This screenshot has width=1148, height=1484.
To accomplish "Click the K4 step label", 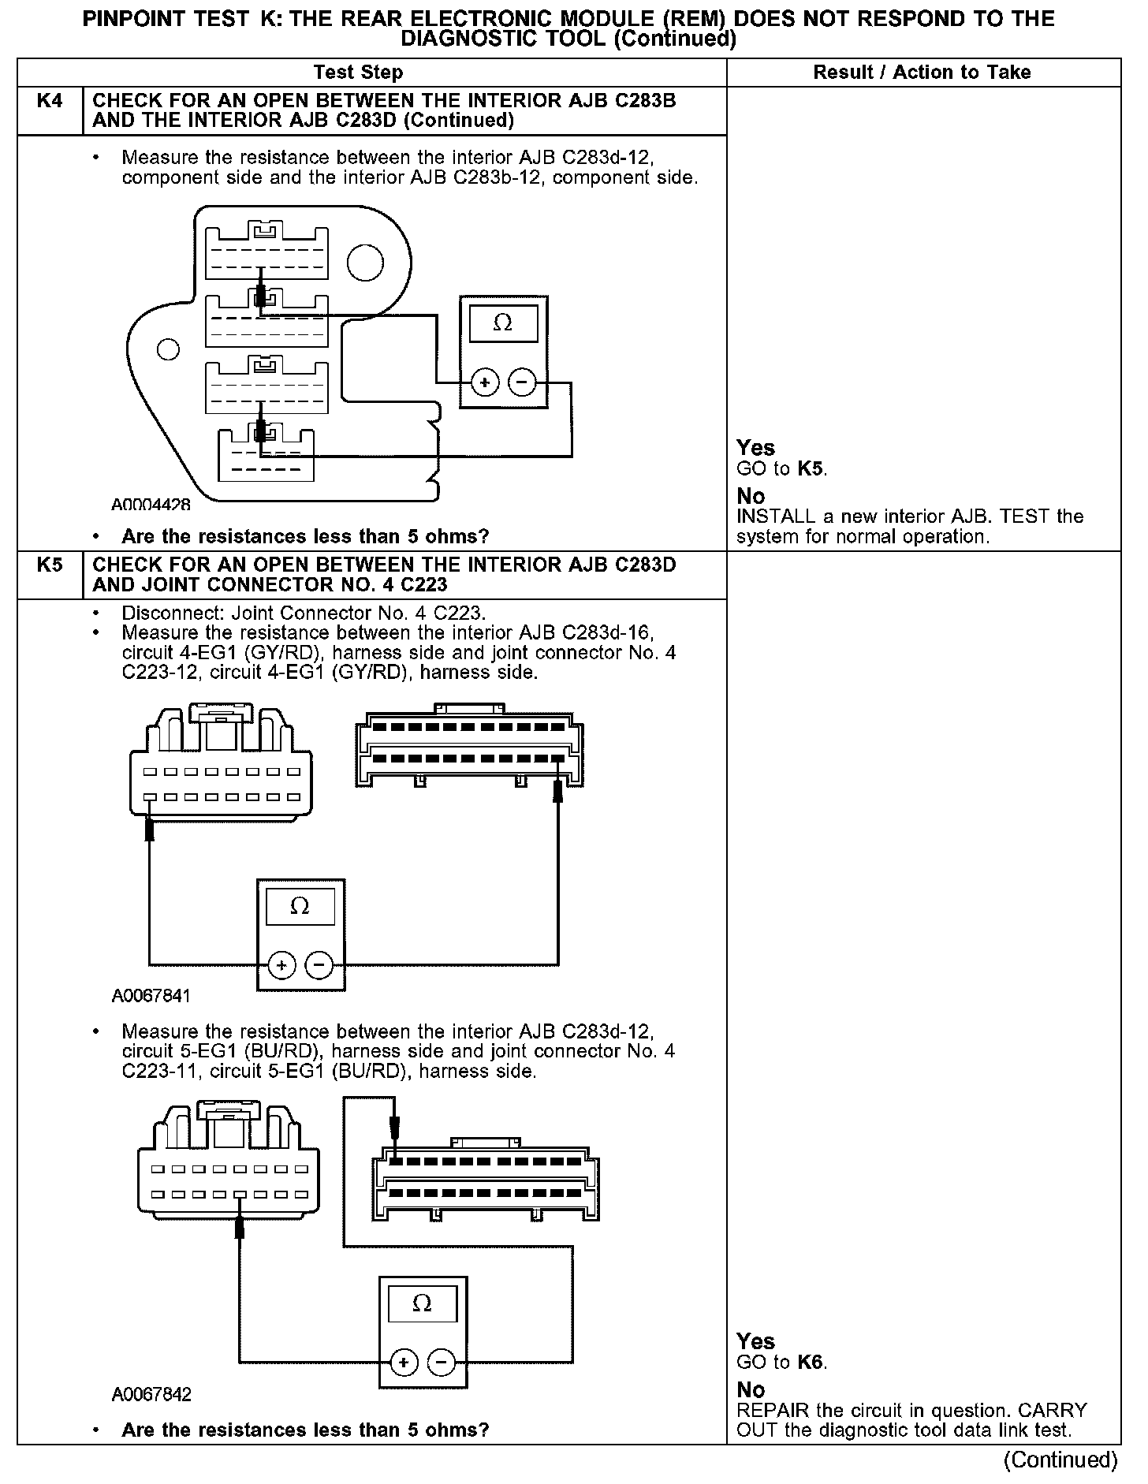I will pos(49,101).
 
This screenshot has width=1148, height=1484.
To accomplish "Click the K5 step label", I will pos(49,565).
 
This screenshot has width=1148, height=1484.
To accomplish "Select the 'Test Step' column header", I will pos(358,73).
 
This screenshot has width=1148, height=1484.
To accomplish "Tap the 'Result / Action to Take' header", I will pos(922,73).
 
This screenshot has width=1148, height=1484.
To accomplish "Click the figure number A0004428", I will pos(151,505).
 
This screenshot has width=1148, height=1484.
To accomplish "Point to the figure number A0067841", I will pos(151,996).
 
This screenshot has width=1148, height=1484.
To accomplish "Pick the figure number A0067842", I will pos(151,1395).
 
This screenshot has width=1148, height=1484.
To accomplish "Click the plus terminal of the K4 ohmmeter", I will pos(484,383).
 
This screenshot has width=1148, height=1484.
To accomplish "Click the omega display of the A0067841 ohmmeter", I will pos(300,907).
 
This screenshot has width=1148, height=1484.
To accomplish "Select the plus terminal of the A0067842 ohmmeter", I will pos(404,1363).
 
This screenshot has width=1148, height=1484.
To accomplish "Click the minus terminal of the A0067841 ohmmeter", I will pos(319,964).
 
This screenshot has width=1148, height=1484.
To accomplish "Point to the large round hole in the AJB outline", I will pos(365,263).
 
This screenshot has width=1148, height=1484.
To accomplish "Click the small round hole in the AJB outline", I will pos(168,349).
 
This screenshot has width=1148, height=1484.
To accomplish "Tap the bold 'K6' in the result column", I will pos(811,1362).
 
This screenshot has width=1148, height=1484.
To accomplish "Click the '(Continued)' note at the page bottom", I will pos(1060,1460).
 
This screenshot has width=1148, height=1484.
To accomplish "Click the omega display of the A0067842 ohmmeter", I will pos(422,1304).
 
